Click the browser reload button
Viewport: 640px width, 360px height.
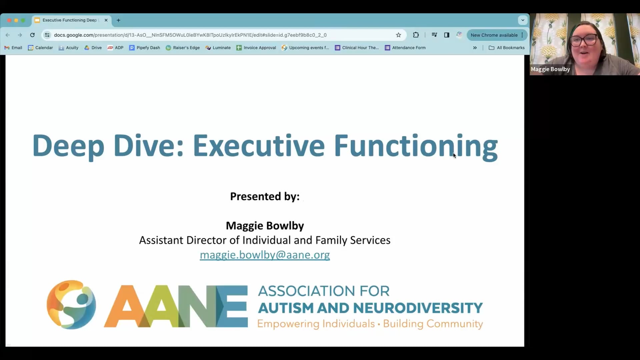click(32, 35)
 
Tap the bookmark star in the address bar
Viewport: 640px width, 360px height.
click(398, 35)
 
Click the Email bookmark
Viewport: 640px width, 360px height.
click(13, 48)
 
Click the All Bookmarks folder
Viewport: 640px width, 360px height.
click(507, 48)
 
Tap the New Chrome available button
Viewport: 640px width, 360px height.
click(494, 35)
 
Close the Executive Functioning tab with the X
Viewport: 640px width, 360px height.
click(106, 20)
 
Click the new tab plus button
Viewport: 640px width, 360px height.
click(118, 20)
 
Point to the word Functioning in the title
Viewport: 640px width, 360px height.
click(416, 146)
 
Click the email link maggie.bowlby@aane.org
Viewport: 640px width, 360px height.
click(265, 255)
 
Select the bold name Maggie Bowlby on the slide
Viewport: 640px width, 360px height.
click(265, 226)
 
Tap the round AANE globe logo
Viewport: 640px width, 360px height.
click(71, 305)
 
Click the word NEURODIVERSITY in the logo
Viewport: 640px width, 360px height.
click(422, 308)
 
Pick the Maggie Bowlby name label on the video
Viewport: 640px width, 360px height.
click(550, 69)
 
